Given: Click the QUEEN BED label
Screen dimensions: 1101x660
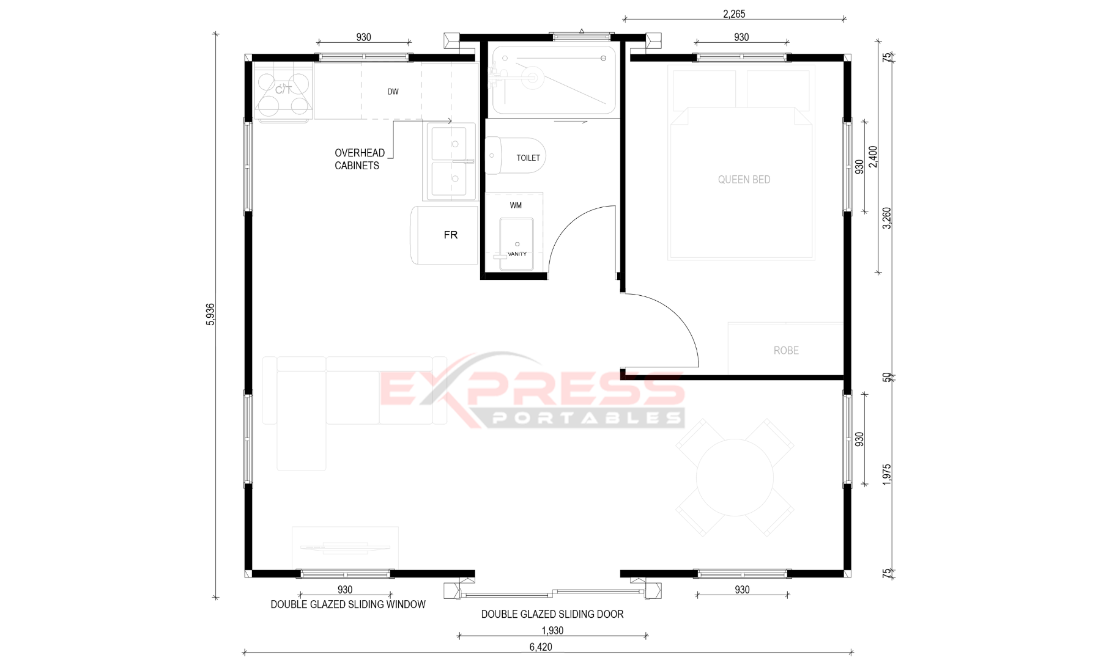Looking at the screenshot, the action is pyautogui.click(x=744, y=180).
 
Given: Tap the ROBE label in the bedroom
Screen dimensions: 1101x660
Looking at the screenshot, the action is pyautogui.click(x=786, y=351).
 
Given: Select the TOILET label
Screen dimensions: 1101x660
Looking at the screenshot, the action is pyautogui.click(x=528, y=158).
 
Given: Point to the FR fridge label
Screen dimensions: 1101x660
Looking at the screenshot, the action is pyautogui.click(x=451, y=235).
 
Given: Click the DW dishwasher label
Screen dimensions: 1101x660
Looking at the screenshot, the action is pyautogui.click(x=393, y=92).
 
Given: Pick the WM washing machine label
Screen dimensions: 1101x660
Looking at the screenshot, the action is pyautogui.click(x=516, y=205).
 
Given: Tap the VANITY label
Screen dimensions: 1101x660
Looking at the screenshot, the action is pyautogui.click(x=517, y=254).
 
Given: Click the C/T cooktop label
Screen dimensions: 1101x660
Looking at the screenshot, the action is pyautogui.click(x=283, y=90).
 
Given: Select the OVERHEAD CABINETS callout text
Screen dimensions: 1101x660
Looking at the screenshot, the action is pyautogui.click(x=360, y=159).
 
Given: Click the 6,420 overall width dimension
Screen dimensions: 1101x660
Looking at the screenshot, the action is pyautogui.click(x=541, y=647).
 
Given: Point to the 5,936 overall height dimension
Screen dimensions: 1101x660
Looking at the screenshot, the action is pyautogui.click(x=210, y=314).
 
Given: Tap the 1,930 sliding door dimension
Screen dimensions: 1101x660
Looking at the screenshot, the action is pyautogui.click(x=552, y=631).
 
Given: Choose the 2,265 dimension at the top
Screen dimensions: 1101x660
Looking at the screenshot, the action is pyautogui.click(x=734, y=14).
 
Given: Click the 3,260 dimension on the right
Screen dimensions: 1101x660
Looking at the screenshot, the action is pyautogui.click(x=887, y=218).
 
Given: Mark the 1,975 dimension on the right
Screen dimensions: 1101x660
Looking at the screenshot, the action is pyautogui.click(x=887, y=475).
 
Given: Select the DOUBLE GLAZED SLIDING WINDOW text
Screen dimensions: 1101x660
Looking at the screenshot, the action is pyautogui.click(x=348, y=604).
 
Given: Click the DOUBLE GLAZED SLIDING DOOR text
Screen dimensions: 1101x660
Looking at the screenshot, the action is pyautogui.click(x=552, y=614).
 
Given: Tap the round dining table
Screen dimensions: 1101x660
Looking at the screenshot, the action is pyautogui.click(x=735, y=477).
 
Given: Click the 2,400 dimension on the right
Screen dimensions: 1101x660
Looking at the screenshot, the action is pyautogui.click(x=873, y=157).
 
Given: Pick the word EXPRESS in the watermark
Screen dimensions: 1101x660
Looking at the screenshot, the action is pyautogui.click(x=532, y=388).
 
